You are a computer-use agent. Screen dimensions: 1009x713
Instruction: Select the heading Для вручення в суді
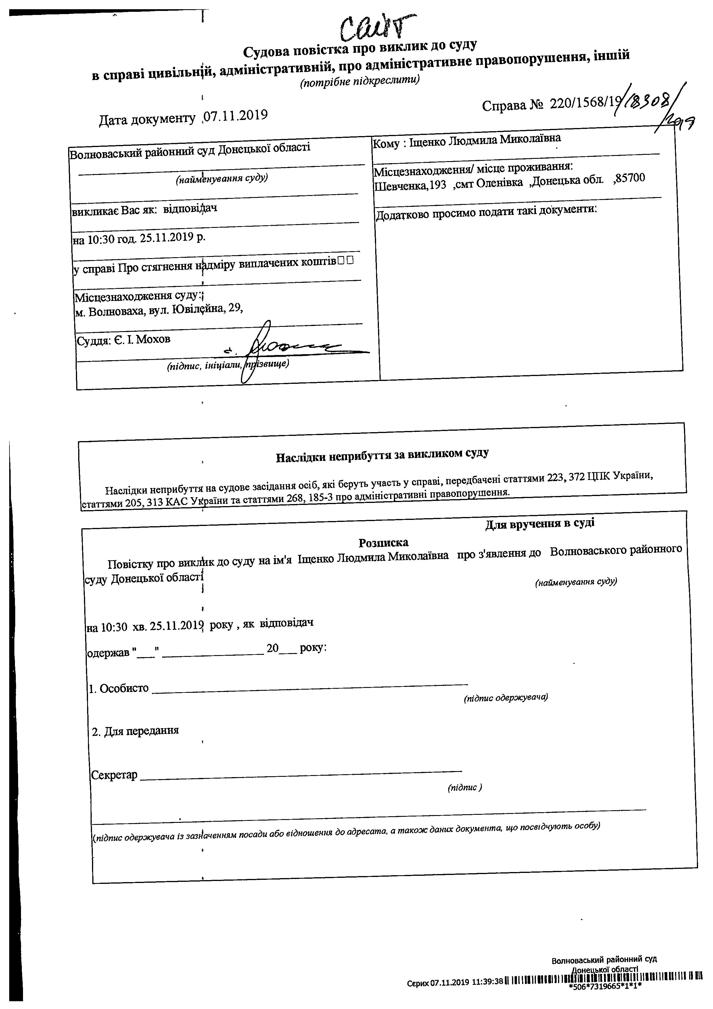tap(540, 524)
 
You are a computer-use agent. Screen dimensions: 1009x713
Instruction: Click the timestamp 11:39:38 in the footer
tap(485, 979)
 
